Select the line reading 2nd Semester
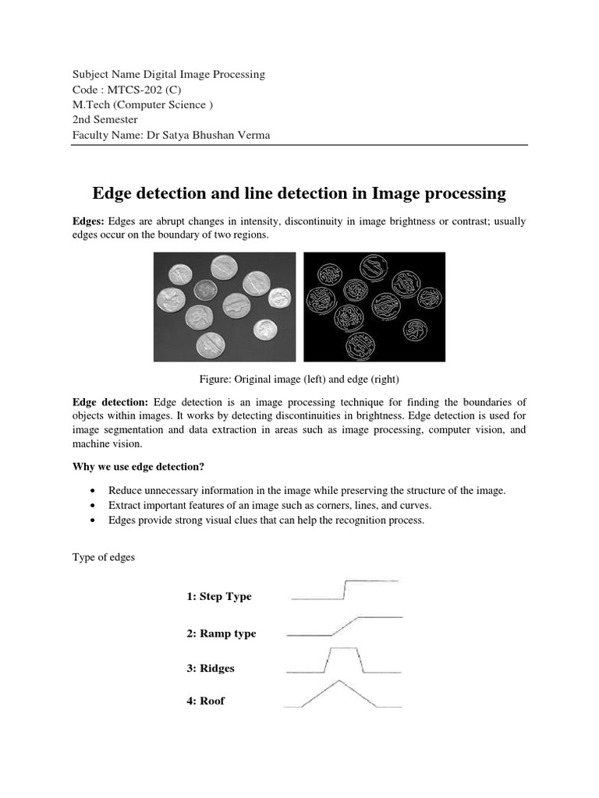point(105,119)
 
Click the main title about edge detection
point(299,192)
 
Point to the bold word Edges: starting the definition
point(88,222)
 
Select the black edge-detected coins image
point(374,306)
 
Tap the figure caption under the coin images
point(299,380)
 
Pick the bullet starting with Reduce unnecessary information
point(307,490)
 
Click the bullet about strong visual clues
point(266,521)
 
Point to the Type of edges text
point(104,558)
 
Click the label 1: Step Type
point(219,596)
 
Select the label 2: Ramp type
point(221,634)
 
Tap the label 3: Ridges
point(210,668)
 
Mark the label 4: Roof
point(205,701)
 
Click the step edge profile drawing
point(344,590)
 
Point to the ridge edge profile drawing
point(343,660)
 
